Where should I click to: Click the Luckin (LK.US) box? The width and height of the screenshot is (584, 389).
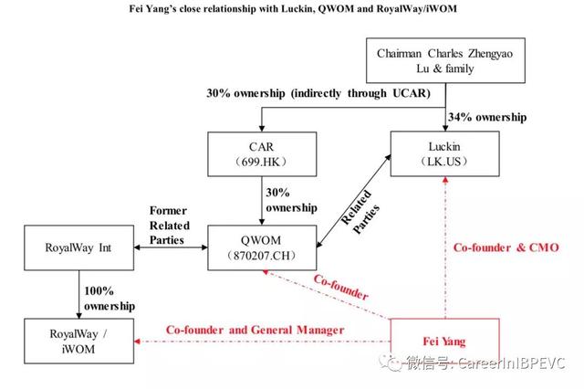pos(444,152)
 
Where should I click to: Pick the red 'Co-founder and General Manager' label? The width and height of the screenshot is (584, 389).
pos(255,330)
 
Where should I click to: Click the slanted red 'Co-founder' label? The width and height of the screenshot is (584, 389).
pos(339,286)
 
